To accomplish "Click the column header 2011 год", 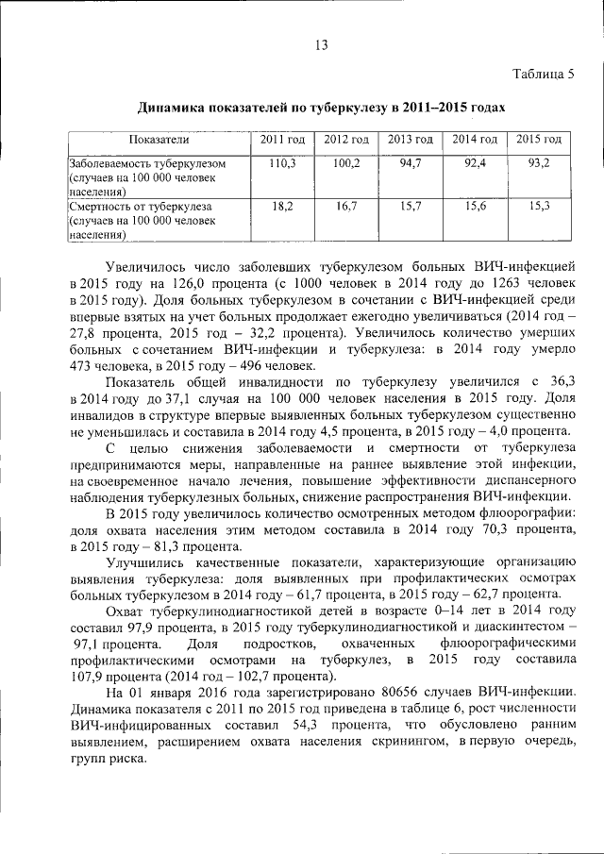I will click(x=282, y=140).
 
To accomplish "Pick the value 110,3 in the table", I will click(x=282, y=163).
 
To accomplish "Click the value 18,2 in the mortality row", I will click(x=282, y=205).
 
